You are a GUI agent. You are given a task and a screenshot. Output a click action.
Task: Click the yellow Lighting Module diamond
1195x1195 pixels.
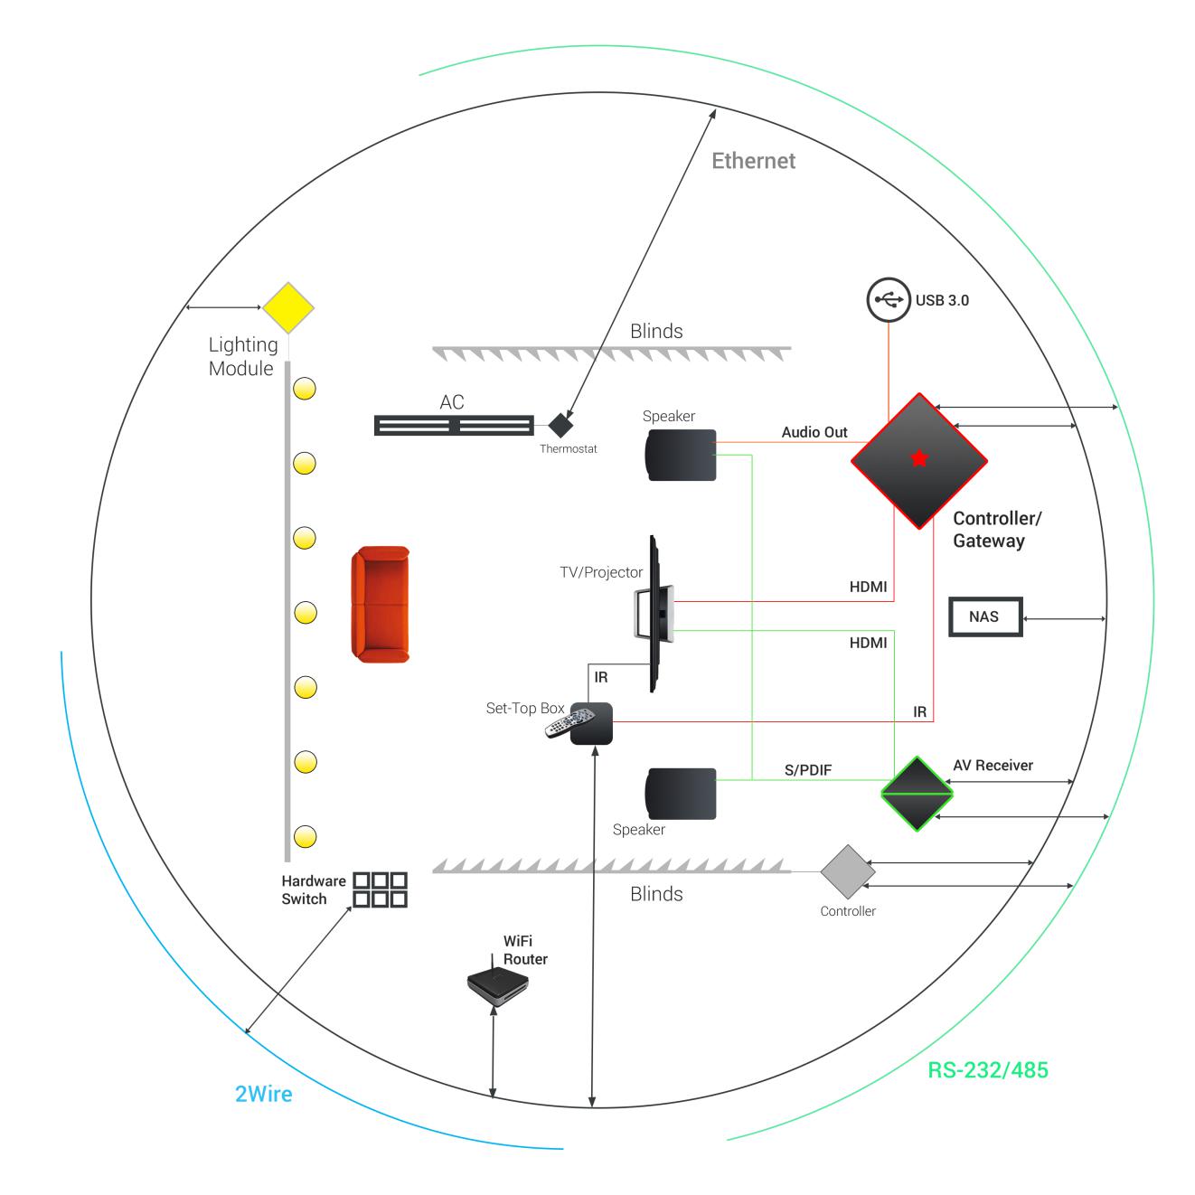(287, 308)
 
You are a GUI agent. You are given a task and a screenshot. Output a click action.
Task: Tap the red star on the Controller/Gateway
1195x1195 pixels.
(919, 458)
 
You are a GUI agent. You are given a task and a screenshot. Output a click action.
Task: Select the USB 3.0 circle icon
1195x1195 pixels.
(888, 299)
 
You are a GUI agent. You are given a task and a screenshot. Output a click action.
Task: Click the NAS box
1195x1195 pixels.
(984, 616)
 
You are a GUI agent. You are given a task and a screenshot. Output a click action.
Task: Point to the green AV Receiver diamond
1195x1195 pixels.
(917, 794)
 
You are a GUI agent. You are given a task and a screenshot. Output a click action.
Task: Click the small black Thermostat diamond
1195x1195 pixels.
(561, 424)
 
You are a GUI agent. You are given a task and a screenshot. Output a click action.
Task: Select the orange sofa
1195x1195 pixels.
(381, 604)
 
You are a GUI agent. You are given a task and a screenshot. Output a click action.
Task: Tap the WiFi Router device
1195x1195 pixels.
(496, 985)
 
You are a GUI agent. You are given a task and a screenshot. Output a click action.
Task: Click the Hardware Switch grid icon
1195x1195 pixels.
(380, 889)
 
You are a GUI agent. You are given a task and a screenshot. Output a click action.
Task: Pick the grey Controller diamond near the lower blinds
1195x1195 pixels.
(848, 872)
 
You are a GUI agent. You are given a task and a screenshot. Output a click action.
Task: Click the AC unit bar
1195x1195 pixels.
(454, 425)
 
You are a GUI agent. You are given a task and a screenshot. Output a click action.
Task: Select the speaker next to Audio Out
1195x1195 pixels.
(681, 455)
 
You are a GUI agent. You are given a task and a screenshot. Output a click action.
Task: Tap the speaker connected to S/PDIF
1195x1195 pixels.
(681, 794)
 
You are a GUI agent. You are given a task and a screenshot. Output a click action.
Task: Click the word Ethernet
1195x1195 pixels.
(753, 161)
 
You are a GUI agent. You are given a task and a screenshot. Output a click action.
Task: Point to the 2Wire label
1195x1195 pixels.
(264, 1094)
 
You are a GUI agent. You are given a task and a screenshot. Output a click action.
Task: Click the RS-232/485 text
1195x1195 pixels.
(988, 1070)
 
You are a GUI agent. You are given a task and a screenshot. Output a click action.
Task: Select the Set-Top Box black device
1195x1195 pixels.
(591, 723)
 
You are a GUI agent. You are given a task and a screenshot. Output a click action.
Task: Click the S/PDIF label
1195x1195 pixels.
(807, 770)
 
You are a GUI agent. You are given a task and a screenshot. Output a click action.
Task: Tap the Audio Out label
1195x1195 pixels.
(814, 432)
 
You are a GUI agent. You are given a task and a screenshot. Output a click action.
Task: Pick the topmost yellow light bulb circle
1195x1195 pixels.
(306, 390)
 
